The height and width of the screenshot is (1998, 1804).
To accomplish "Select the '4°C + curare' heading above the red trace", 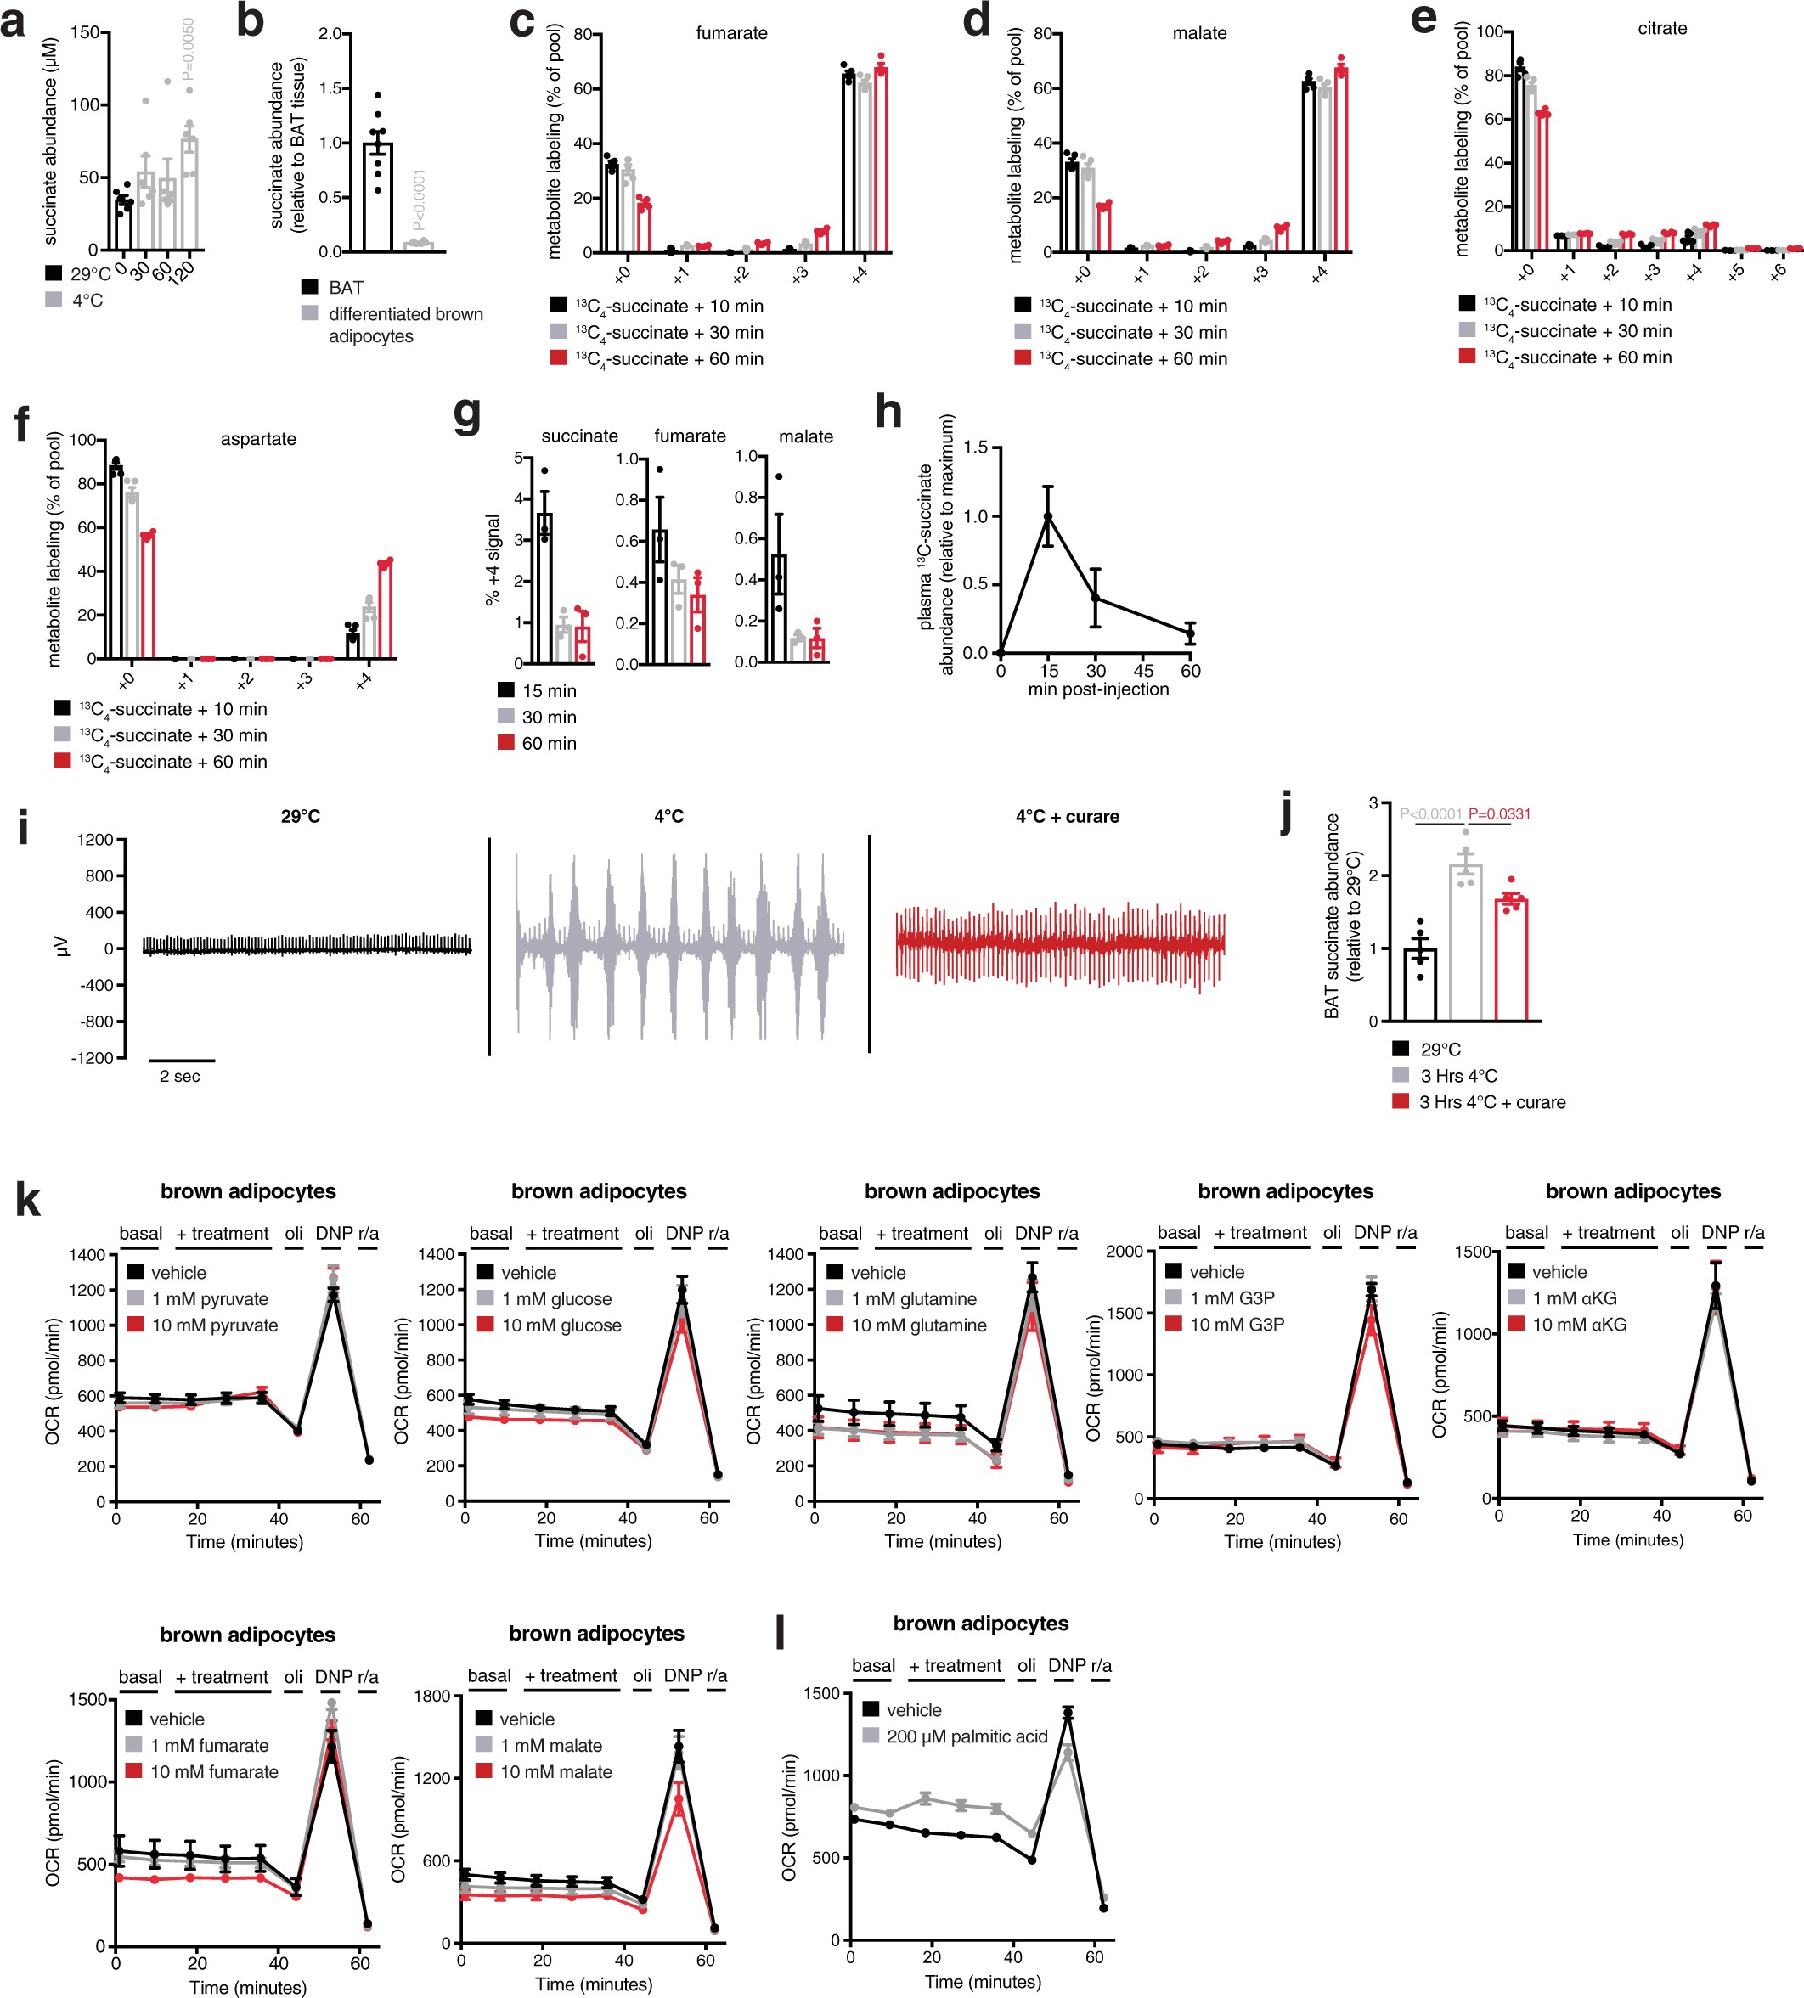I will pyautogui.click(x=1067, y=817).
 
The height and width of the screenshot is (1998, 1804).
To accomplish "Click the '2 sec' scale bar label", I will pyautogui.click(x=179, y=1077).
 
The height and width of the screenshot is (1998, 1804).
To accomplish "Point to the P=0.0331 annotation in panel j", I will pyautogui.click(x=1499, y=813).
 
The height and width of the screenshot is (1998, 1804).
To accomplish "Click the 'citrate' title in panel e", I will pyautogui.click(x=1661, y=29).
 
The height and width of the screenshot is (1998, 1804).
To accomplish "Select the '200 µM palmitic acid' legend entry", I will pyautogui.click(x=967, y=1736).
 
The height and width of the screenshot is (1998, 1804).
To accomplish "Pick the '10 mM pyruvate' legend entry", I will pyautogui.click(x=214, y=1325).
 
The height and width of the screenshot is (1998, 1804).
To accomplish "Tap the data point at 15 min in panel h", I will pyautogui.click(x=1048, y=516).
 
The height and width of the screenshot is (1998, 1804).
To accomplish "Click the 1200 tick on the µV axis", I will pyautogui.click(x=96, y=841).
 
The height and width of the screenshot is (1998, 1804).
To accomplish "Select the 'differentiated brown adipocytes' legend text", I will pyautogui.click(x=405, y=325).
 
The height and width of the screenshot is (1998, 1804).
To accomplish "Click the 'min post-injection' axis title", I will pyautogui.click(x=1097, y=689).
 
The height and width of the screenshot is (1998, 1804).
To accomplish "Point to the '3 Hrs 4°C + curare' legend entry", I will pyautogui.click(x=1491, y=1102).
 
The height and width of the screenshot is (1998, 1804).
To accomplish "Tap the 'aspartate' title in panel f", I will pyautogui.click(x=257, y=439).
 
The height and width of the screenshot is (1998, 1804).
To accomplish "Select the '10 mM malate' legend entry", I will pyautogui.click(x=555, y=1771).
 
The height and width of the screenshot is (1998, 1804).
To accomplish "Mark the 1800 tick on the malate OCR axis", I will pyautogui.click(x=433, y=1696).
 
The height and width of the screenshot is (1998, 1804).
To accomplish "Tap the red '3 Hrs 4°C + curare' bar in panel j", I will pyautogui.click(x=1511, y=960).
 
